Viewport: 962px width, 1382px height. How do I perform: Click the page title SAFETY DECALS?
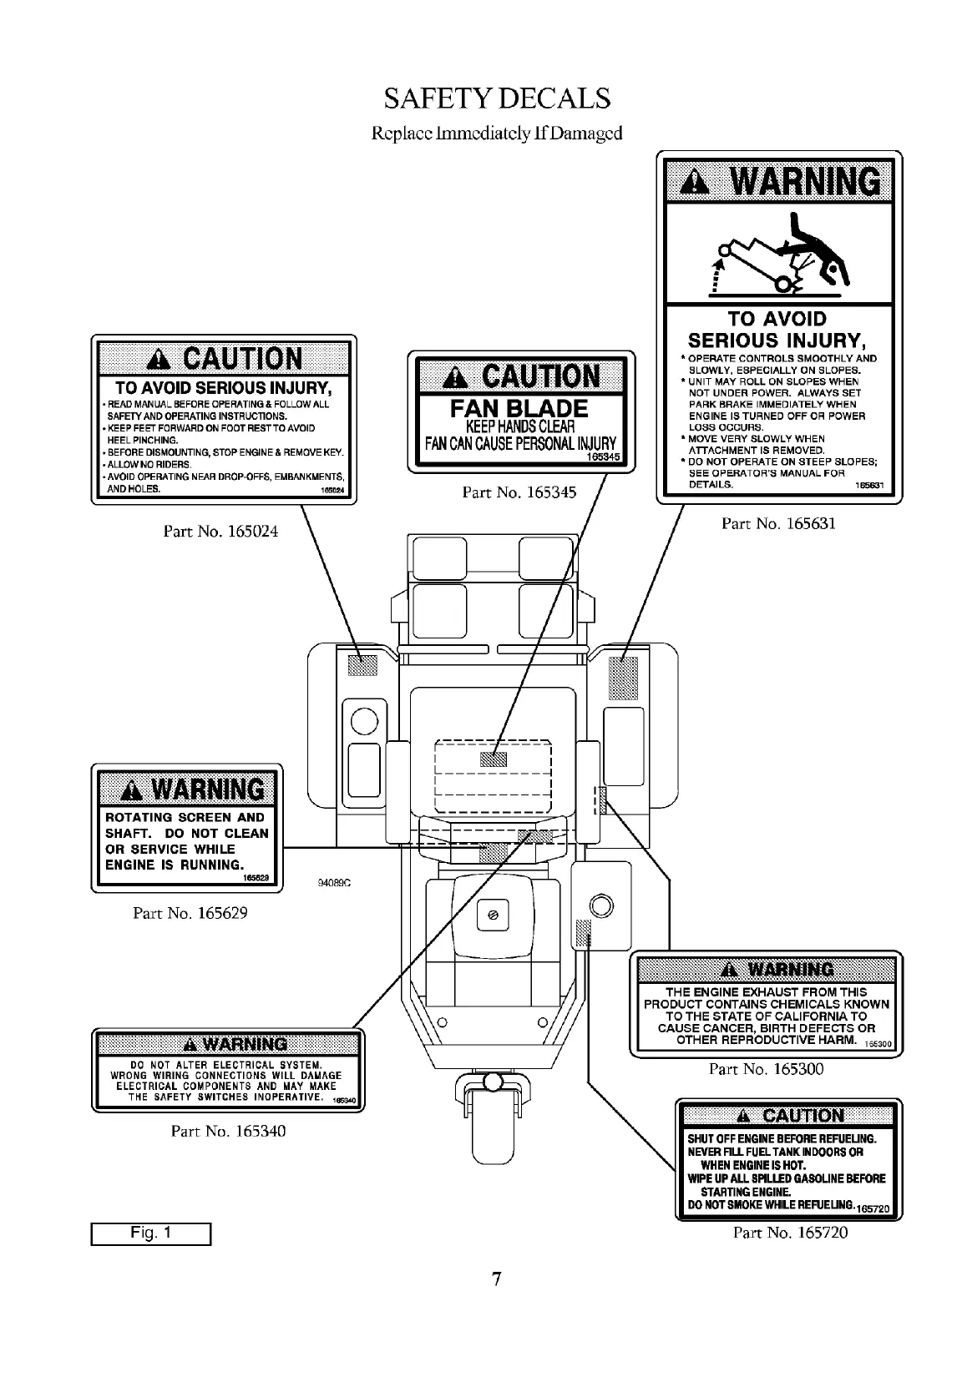[x=497, y=98]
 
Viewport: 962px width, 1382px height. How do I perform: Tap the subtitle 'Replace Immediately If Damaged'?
[x=497, y=133]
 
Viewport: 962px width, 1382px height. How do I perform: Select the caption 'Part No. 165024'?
[x=220, y=532]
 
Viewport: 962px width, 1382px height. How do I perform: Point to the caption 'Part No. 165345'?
[x=519, y=492]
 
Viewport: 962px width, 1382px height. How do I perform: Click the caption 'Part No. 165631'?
[x=778, y=523]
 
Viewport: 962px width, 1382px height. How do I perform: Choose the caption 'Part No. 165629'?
[x=190, y=913]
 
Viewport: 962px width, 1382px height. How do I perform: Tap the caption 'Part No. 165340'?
[x=228, y=1132]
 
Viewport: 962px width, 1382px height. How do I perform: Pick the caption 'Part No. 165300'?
[x=766, y=1069]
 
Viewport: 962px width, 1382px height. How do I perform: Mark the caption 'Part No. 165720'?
[x=790, y=1233]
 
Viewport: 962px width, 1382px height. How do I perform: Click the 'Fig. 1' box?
[x=151, y=1233]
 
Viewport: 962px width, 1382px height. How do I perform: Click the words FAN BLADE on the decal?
[x=519, y=409]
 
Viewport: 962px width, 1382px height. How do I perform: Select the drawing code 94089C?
[x=333, y=883]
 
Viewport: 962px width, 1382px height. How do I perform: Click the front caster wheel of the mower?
[x=492, y=1131]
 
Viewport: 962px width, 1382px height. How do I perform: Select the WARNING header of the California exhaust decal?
[x=766, y=970]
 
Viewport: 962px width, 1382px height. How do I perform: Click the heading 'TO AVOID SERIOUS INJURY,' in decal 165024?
[x=224, y=388]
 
